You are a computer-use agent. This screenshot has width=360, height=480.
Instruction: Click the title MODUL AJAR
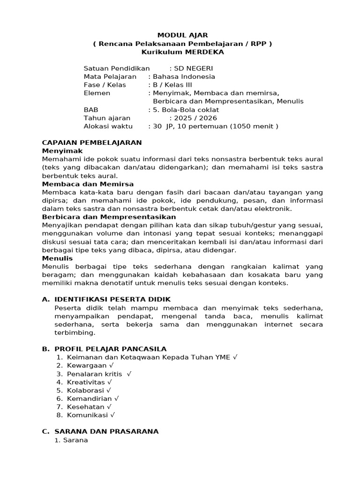182,35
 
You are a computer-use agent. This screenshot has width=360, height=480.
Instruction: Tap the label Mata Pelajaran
110,76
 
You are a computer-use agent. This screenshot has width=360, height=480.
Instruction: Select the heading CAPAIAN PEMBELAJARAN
92,142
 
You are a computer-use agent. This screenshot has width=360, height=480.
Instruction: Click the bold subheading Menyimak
62,151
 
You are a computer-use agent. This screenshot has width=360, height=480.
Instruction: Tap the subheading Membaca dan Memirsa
88,184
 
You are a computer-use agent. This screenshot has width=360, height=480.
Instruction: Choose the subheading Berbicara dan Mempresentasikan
109,217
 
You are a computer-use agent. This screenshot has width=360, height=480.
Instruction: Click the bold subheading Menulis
57,258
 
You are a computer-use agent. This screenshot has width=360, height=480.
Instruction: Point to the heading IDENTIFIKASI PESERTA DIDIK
112,300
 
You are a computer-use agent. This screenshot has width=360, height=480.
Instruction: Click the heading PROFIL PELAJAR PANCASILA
110,349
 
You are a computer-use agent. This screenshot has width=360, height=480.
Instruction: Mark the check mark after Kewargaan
111,366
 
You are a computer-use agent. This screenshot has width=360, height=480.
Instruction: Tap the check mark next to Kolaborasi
109,390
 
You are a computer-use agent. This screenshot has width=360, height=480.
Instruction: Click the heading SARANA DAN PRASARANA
106,431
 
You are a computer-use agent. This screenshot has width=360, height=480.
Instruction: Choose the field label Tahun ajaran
107,118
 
